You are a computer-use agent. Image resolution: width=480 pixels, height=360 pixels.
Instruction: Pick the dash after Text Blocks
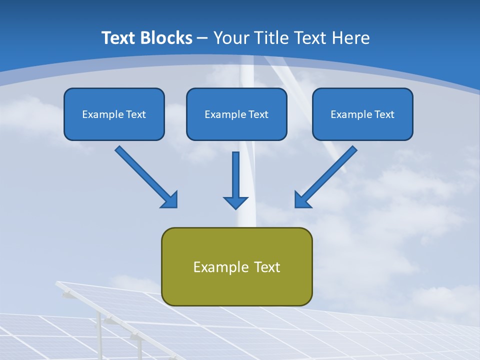coord(202,38)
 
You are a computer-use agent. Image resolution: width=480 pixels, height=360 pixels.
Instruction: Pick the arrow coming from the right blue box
coord(326,176)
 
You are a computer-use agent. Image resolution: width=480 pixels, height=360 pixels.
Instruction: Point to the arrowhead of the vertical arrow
coord(235,202)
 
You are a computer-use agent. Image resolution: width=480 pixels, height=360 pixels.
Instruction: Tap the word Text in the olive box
coord(267,267)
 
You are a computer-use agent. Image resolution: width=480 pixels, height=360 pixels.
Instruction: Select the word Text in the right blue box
coord(384,114)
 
